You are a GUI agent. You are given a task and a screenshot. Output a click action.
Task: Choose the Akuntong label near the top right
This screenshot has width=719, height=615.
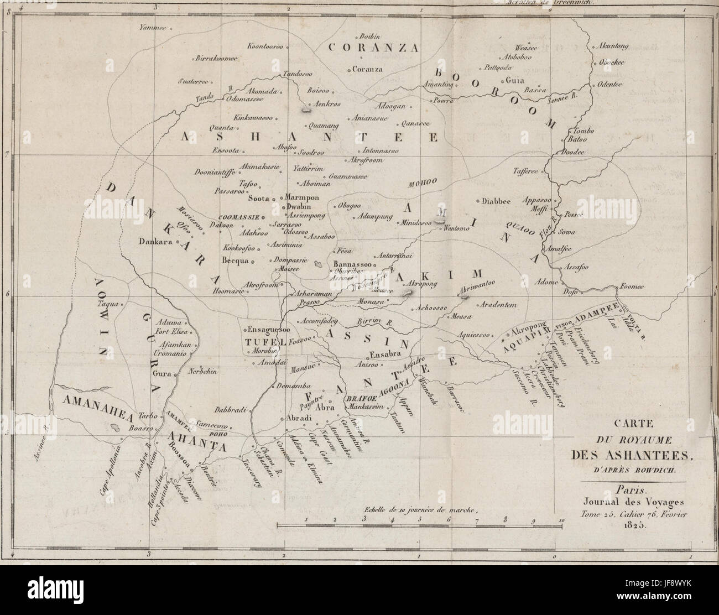(611, 48)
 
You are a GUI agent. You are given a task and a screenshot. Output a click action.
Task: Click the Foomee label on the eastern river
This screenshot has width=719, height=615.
(643, 285)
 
